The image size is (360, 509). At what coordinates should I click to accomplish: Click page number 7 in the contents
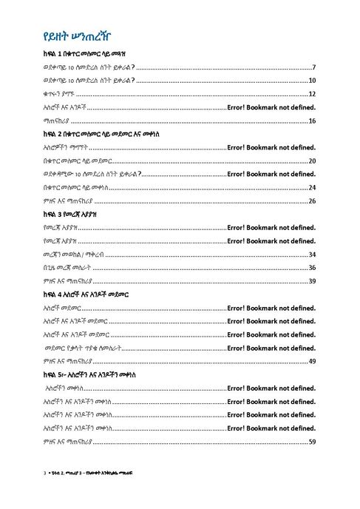pos(314,67)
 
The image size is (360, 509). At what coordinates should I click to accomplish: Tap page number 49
pos(313,360)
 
